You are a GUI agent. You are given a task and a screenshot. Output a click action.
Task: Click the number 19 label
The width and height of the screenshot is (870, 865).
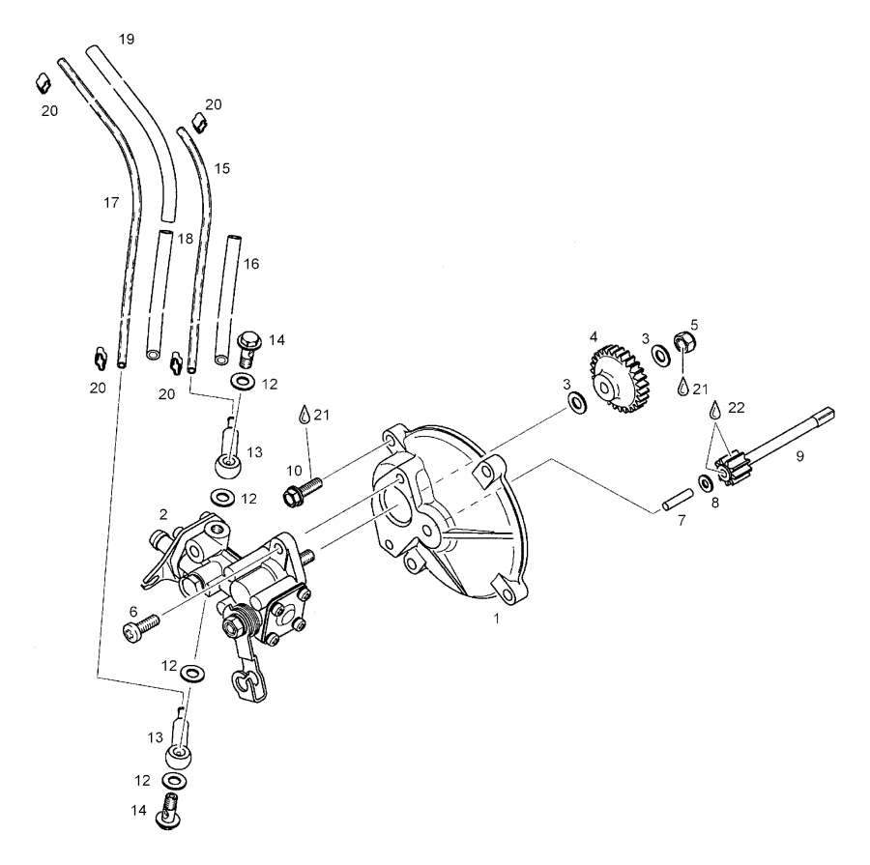(x=126, y=39)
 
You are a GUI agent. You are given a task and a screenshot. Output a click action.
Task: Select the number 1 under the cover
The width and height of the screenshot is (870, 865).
(x=496, y=620)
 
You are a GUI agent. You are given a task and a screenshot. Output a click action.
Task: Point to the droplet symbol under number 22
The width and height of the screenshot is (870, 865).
(x=715, y=408)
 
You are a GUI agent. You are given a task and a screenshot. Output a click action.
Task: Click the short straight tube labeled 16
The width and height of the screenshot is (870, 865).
(x=227, y=300)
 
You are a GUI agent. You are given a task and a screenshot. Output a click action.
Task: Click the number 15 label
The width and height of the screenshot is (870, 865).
(x=222, y=168)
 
